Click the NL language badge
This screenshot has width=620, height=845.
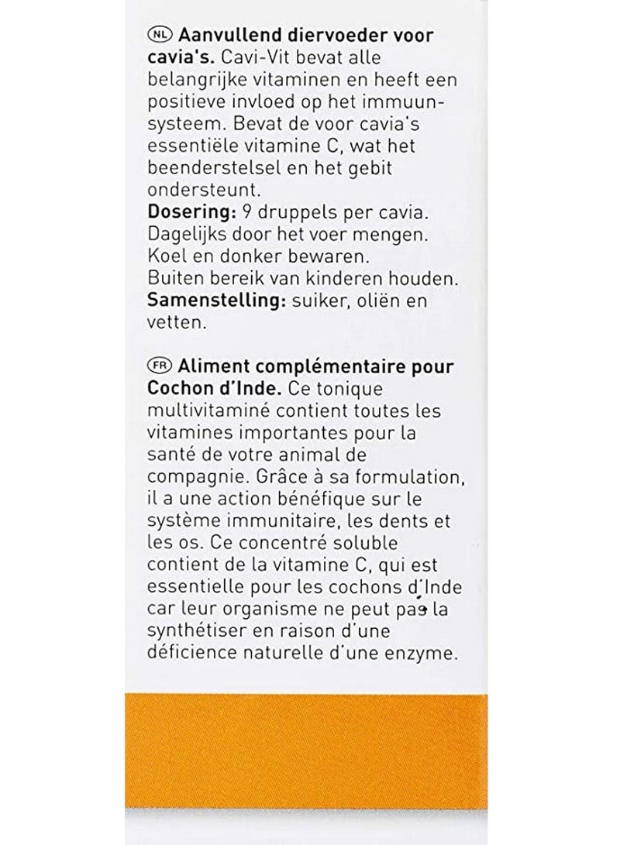160,36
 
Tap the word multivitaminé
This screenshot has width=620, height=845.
213,409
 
